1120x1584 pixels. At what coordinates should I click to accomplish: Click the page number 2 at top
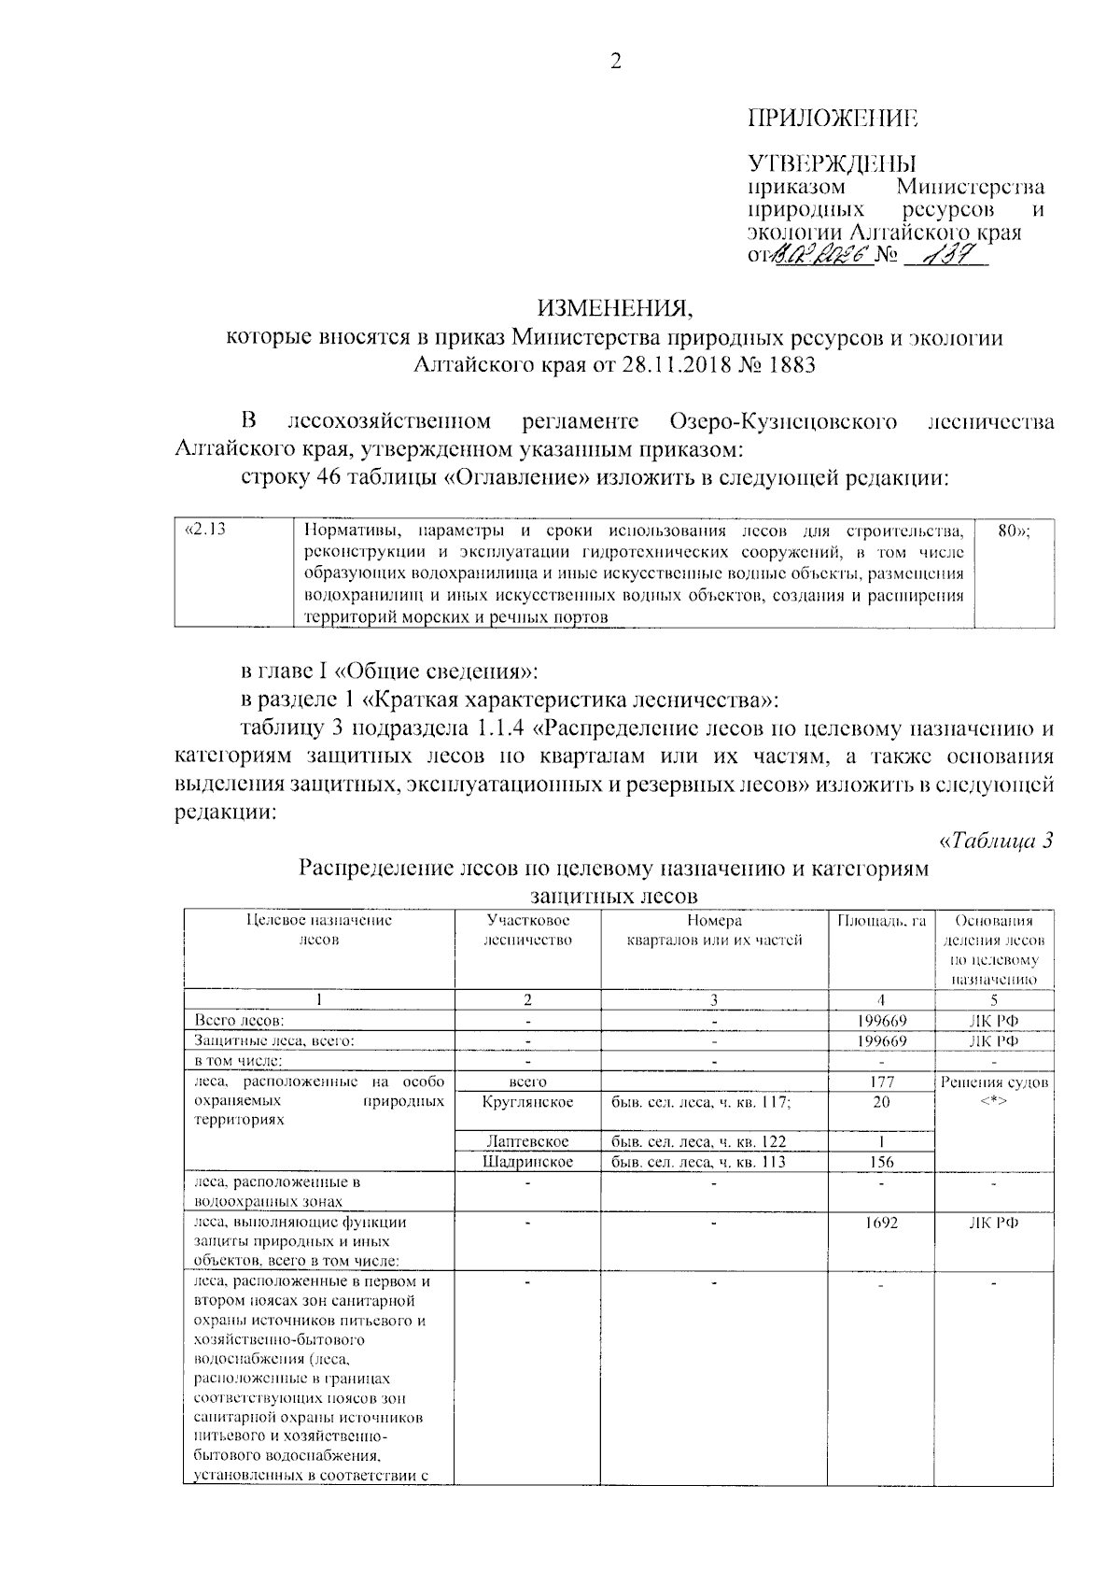pyautogui.click(x=614, y=62)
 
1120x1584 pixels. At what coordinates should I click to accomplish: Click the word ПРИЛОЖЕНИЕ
pyautogui.click(x=833, y=118)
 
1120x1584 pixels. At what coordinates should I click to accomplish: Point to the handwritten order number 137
pyautogui.click(x=936, y=255)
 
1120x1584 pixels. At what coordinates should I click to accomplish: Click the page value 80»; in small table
pyautogui.click(x=1014, y=530)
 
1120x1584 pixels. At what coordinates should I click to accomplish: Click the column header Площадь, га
pyautogui.click(x=881, y=920)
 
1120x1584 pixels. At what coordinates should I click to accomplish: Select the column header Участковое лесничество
pyautogui.click(x=527, y=930)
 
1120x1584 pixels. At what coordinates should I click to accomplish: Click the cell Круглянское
pyautogui.click(x=527, y=1102)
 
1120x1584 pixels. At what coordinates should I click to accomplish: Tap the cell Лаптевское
pyautogui.click(x=527, y=1141)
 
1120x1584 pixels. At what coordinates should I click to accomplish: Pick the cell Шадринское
pyautogui.click(x=527, y=1162)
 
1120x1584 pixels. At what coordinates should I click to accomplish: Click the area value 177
pyautogui.click(x=881, y=1082)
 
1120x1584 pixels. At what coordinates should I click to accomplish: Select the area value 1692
pyautogui.click(x=881, y=1222)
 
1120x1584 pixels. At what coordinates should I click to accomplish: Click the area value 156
pyautogui.click(x=881, y=1162)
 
